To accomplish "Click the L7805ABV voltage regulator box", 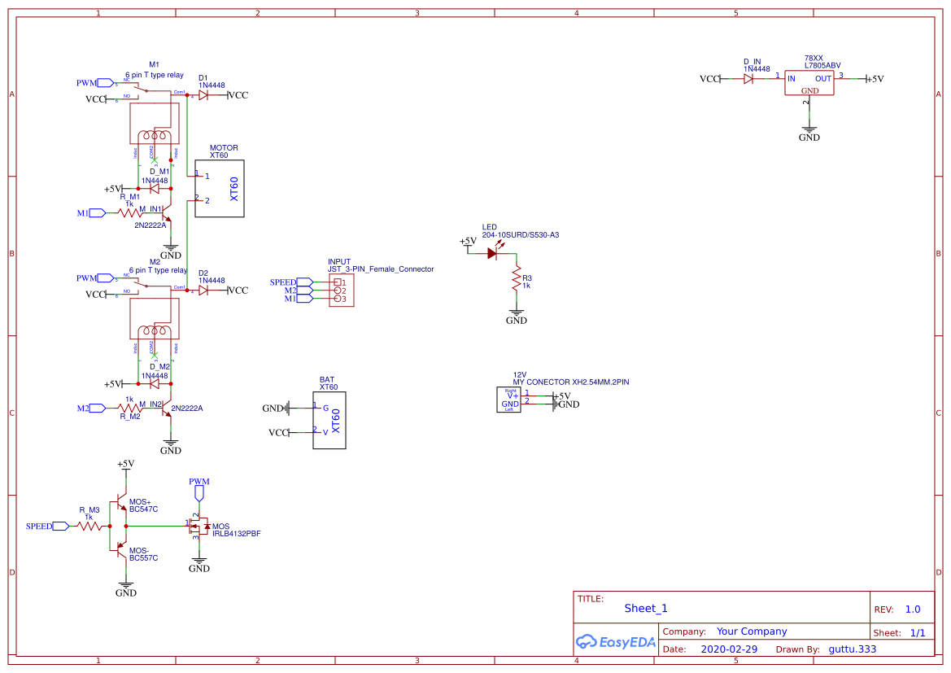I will [x=809, y=82].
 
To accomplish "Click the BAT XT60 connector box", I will [x=329, y=420].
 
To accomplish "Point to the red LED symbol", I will [x=492, y=253].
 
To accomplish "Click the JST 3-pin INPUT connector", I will [x=342, y=291].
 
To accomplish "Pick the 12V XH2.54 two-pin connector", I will [x=509, y=399].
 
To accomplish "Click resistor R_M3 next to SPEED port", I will [x=89, y=527].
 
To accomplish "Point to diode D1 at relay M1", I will [x=203, y=95].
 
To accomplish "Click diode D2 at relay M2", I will [x=203, y=291].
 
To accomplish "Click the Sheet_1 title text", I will [x=646, y=608].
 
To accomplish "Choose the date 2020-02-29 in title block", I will [x=729, y=649].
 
